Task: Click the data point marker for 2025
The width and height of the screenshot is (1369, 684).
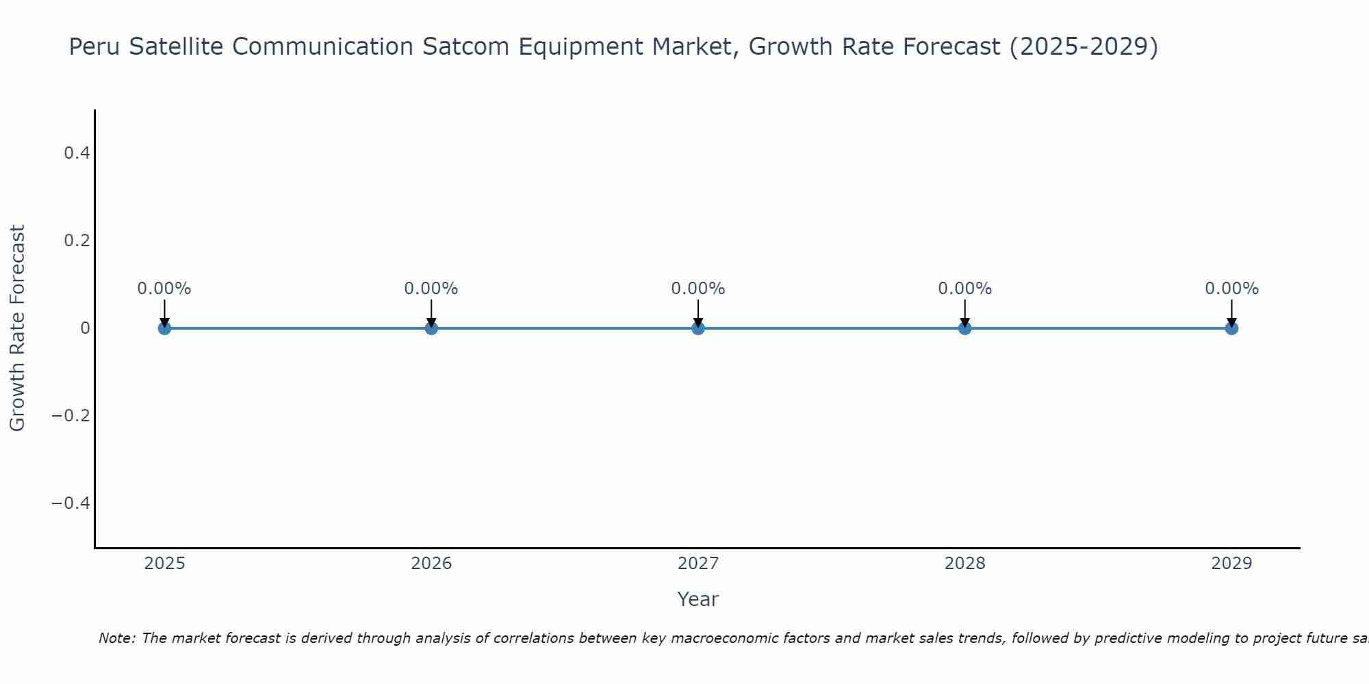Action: point(164,328)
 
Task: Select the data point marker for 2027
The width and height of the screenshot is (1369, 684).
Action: point(698,328)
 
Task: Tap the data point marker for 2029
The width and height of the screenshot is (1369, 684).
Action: point(1231,328)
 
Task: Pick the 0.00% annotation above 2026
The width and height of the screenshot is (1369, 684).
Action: point(431,289)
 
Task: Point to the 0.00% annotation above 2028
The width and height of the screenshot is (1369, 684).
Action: point(964,289)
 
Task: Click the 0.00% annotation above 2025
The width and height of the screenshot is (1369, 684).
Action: point(164,289)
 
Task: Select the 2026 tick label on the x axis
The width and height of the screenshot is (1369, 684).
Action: point(431,564)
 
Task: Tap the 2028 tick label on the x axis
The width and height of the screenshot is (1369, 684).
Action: point(964,564)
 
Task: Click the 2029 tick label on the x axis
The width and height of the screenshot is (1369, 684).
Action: point(1231,564)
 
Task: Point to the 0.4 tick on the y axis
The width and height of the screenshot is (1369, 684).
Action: point(77,153)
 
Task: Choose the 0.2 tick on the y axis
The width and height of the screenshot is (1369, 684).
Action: point(77,241)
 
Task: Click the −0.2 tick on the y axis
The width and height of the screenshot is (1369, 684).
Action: point(71,416)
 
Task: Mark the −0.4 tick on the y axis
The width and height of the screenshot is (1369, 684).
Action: point(71,503)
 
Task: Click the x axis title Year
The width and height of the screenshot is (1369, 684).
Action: point(698,599)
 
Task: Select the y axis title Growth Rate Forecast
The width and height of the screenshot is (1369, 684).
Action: point(17,328)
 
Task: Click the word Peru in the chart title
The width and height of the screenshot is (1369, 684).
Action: point(94,47)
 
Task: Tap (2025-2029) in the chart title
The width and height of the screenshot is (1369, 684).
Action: point(1084,47)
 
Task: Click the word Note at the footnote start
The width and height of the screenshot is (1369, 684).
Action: point(116,638)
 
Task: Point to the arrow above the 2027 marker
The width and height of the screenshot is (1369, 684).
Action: point(698,313)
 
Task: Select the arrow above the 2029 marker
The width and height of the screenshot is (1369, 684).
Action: point(1231,313)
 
